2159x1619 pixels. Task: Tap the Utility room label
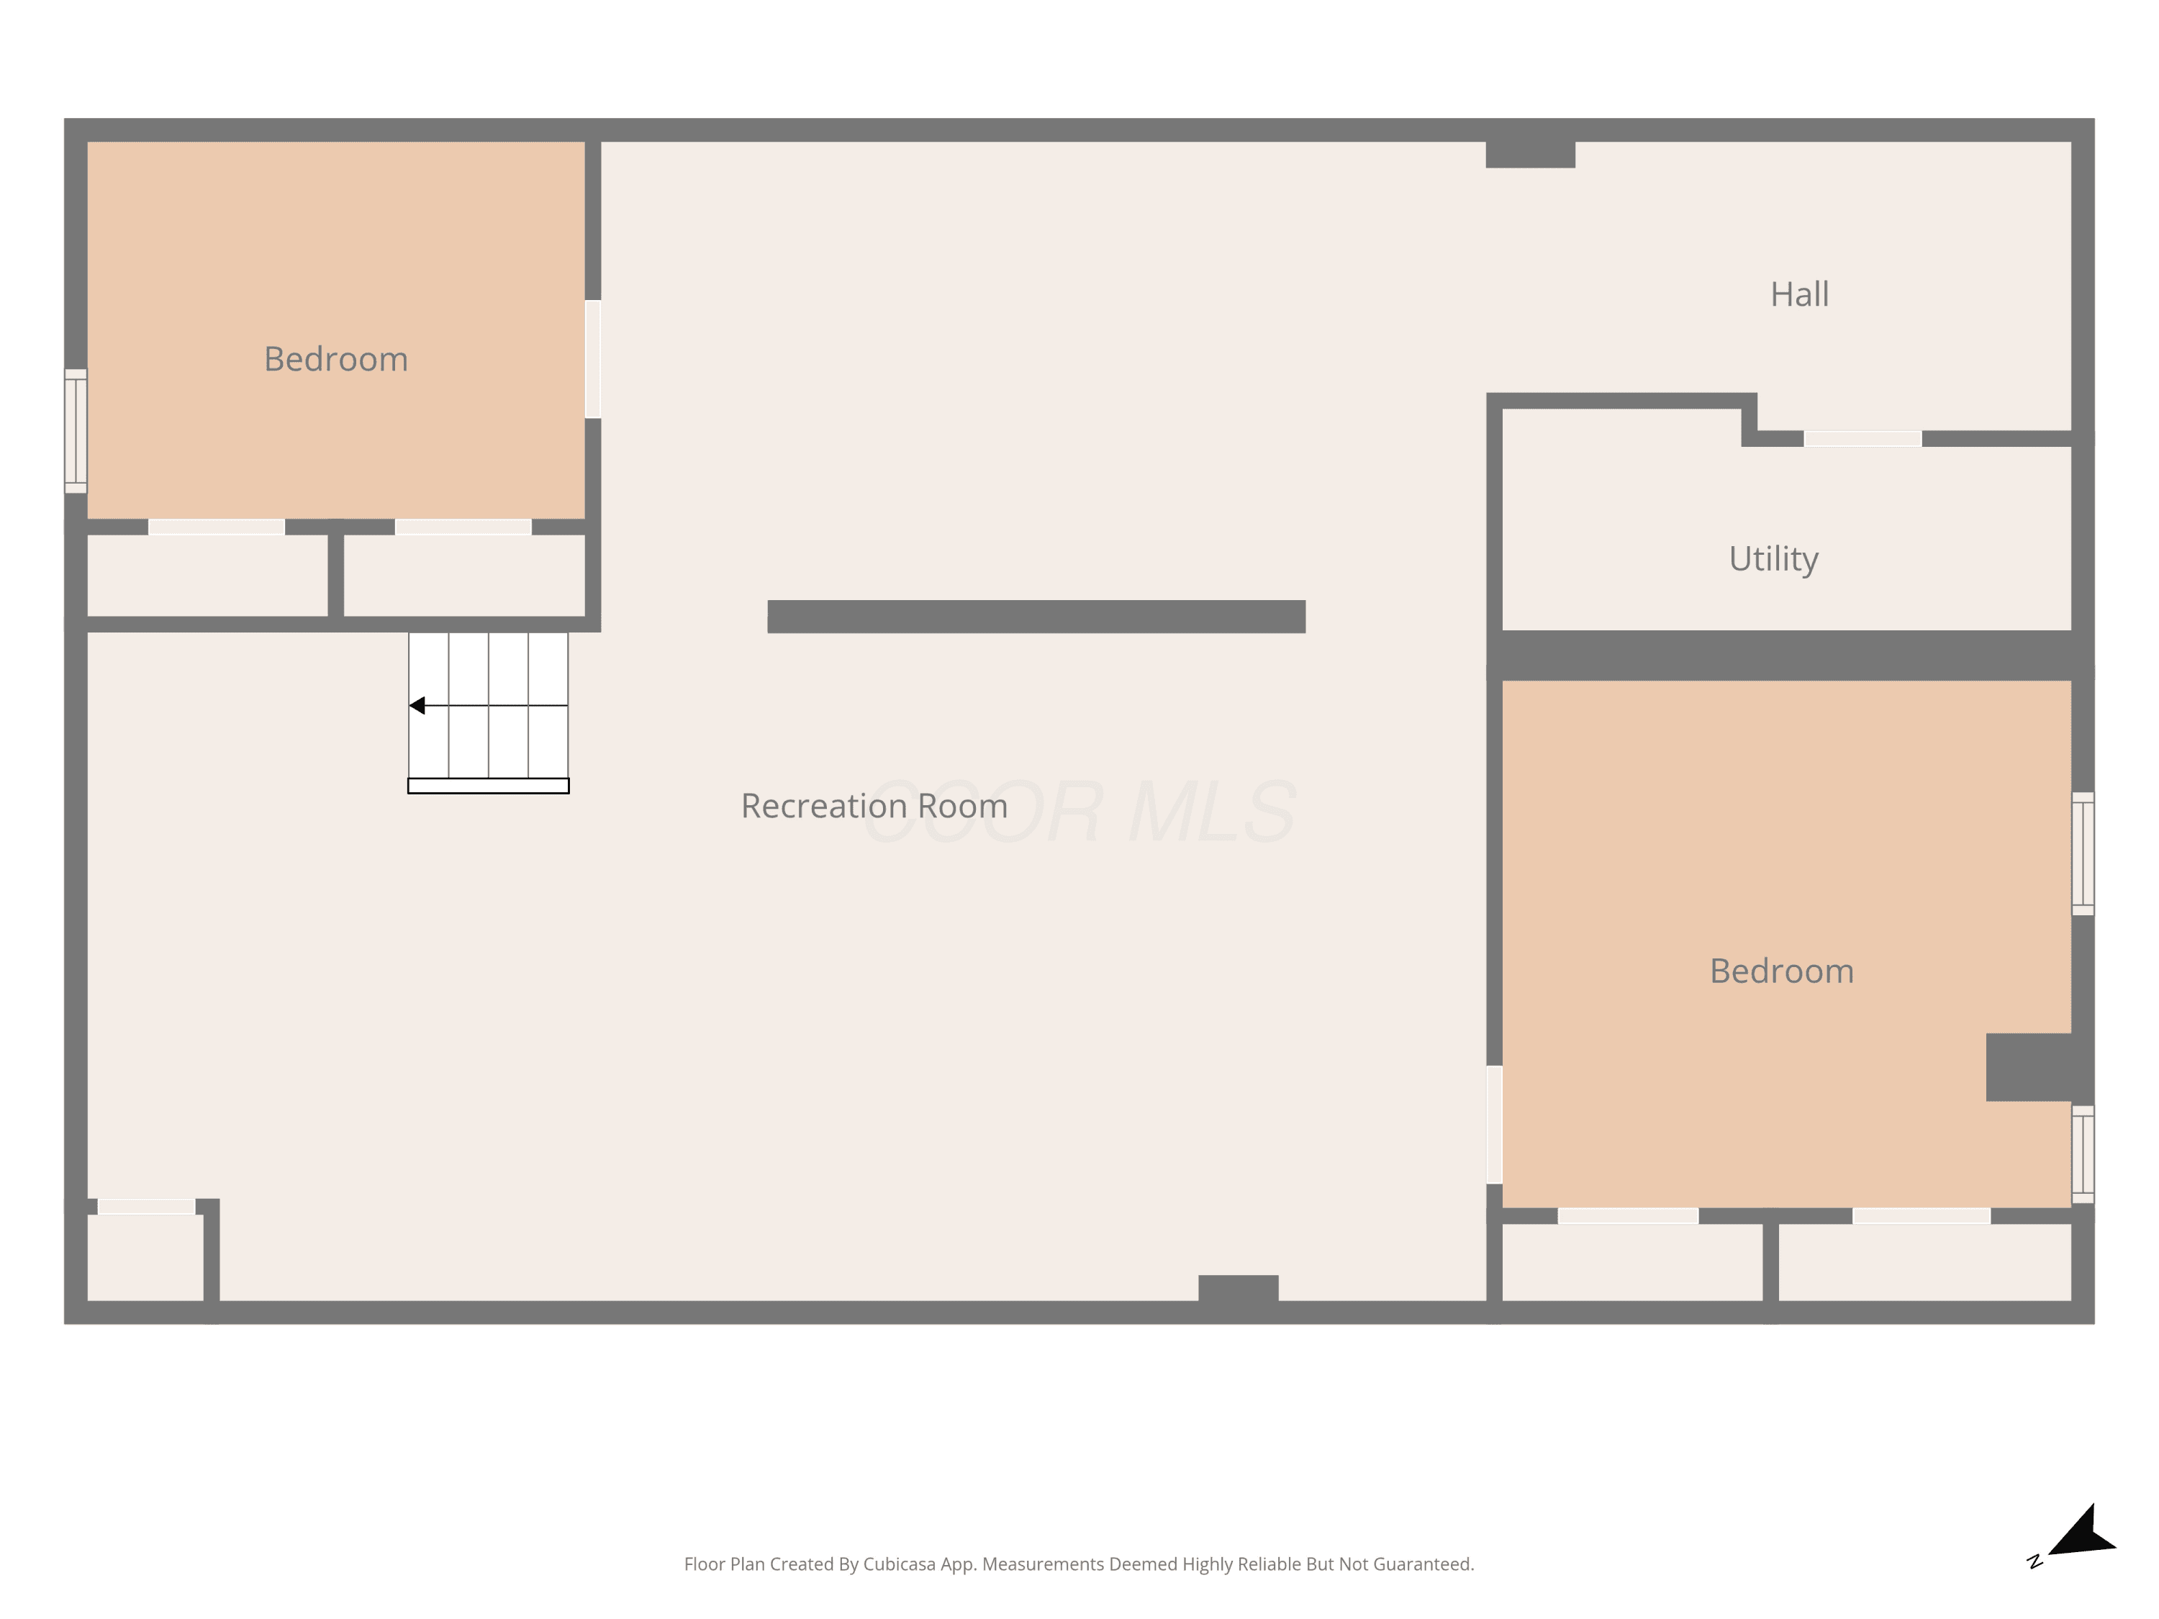point(1773,559)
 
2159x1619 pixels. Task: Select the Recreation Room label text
point(874,806)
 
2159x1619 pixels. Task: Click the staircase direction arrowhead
point(417,706)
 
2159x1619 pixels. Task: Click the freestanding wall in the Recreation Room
point(1036,617)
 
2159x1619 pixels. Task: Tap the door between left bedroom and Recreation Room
point(592,359)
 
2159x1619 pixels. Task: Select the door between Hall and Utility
point(1862,439)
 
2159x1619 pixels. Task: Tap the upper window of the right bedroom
point(2083,854)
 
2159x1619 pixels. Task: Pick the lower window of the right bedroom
point(2083,1154)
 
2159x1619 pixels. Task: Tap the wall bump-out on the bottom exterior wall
point(1239,1288)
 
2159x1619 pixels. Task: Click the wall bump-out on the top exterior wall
point(1531,154)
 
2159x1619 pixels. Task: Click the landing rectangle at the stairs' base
point(488,786)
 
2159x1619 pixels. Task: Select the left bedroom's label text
point(336,359)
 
